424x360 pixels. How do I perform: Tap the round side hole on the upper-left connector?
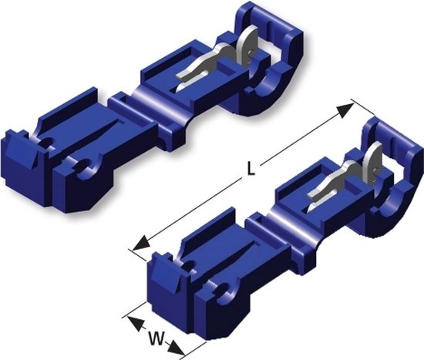pos(86,165)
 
